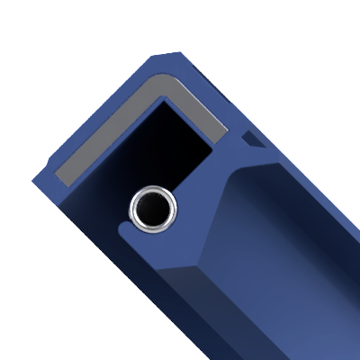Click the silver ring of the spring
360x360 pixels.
[135, 211]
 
